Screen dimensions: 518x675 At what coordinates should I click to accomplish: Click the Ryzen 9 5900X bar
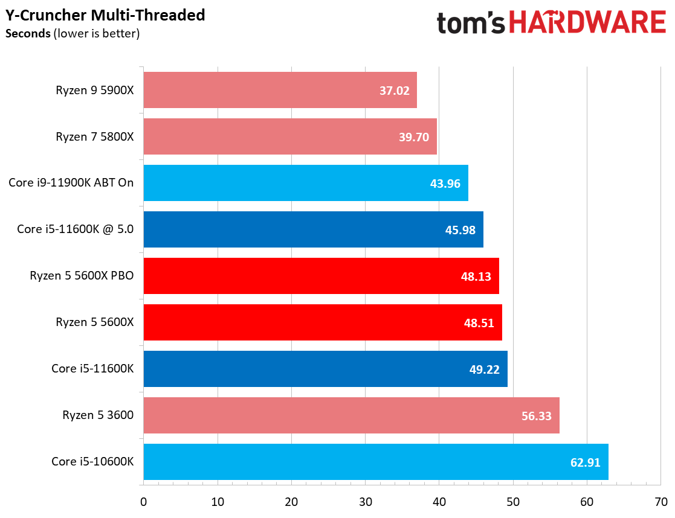click(x=280, y=91)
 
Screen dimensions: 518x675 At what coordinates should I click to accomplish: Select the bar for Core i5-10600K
click(x=375, y=462)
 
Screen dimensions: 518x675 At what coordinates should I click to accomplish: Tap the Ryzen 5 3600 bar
click(x=351, y=415)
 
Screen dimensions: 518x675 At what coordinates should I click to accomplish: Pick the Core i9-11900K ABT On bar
click(x=305, y=183)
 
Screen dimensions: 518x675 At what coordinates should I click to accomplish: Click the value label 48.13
click(x=476, y=276)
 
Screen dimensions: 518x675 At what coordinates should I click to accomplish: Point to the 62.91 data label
click(x=586, y=462)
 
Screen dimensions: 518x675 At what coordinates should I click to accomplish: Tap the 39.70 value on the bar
click(x=414, y=137)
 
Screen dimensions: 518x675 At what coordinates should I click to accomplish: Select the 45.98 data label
click(x=460, y=229)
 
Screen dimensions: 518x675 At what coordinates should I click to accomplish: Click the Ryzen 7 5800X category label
click(x=94, y=136)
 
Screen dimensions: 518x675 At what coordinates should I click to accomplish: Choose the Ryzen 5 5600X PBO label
click(x=82, y=276)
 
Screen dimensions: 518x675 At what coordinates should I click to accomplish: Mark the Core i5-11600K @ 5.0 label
click(x=75, y=229)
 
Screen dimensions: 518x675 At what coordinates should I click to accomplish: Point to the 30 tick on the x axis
click(x=365, y=502)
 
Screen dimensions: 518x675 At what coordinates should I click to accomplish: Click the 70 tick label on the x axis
click(x=660, y=502)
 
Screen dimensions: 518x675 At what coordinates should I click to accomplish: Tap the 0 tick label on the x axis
click(x=143, y=502)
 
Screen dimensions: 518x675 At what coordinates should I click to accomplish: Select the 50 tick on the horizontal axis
click(x=513, y=502)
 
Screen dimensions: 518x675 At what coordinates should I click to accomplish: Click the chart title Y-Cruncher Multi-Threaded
click(x=105, y=14)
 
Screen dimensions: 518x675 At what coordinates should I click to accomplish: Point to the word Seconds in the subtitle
click(x=27, y=33)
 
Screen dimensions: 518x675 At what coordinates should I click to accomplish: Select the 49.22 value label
click(x=485, y=369)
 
